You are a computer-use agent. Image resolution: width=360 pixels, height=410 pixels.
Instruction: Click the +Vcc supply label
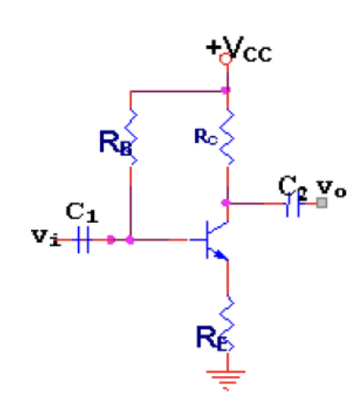coord(239,49)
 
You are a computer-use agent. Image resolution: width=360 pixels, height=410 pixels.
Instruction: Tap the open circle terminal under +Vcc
coord(225,59)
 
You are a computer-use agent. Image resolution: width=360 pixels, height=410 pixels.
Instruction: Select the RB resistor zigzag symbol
coord(130,137)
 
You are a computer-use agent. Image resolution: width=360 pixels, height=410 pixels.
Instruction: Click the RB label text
coord(116,143)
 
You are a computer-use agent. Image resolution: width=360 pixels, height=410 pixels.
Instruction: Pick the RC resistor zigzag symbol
coord(227,137)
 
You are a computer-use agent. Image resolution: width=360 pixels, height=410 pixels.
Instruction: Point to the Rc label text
coord(206,137)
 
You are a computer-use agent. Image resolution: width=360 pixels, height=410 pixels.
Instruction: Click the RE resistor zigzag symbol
coord(227,324)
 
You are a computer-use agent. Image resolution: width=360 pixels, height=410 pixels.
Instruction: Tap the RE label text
coord(212,338)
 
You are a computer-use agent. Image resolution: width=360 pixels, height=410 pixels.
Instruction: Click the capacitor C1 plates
coord(83,240)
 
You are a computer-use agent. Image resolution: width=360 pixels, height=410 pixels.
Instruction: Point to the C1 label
coord(82,212)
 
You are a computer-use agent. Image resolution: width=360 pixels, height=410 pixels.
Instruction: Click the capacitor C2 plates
coord(293,204)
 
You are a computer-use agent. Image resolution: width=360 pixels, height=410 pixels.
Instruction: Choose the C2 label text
coord(293,187)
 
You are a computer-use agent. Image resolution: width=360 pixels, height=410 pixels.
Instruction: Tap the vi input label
coord(46,237)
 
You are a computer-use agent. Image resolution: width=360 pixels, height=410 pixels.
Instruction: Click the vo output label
coord(332,189)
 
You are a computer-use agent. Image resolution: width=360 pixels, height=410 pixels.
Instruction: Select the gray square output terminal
coord(322,203)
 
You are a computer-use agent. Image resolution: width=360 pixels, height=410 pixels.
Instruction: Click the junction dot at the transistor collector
coord(225,202)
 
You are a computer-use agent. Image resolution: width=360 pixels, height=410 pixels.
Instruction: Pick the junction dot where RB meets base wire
coord(130,240)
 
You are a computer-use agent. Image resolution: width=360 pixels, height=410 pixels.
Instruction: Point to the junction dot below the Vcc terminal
coord(225,90)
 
